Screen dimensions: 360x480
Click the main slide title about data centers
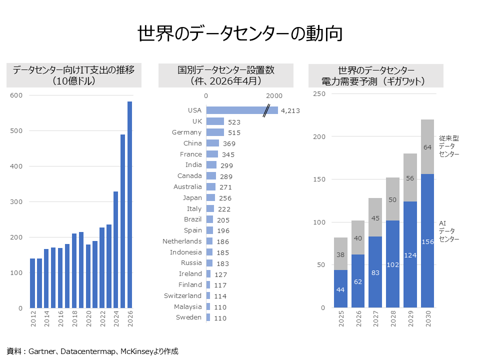tap(240, 33)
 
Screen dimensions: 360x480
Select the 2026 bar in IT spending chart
tap(130, 204)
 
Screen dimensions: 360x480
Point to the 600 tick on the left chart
tap(17, 95)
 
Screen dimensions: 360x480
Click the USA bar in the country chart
tap(235, 110)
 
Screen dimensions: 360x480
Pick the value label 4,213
tap(290, 111)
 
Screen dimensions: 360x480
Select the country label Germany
tap(187, 132)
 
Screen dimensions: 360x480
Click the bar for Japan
tap(210, 198)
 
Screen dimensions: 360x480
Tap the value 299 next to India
tap(226, 165)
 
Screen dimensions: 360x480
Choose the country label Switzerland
tap(183, 296)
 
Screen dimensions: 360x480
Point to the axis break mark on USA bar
tap(270, 110)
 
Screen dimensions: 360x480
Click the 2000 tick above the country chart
tap(274, 96)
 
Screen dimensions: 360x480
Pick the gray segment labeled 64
tap(427, 147)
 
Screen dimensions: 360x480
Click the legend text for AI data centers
tap(448, 231)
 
